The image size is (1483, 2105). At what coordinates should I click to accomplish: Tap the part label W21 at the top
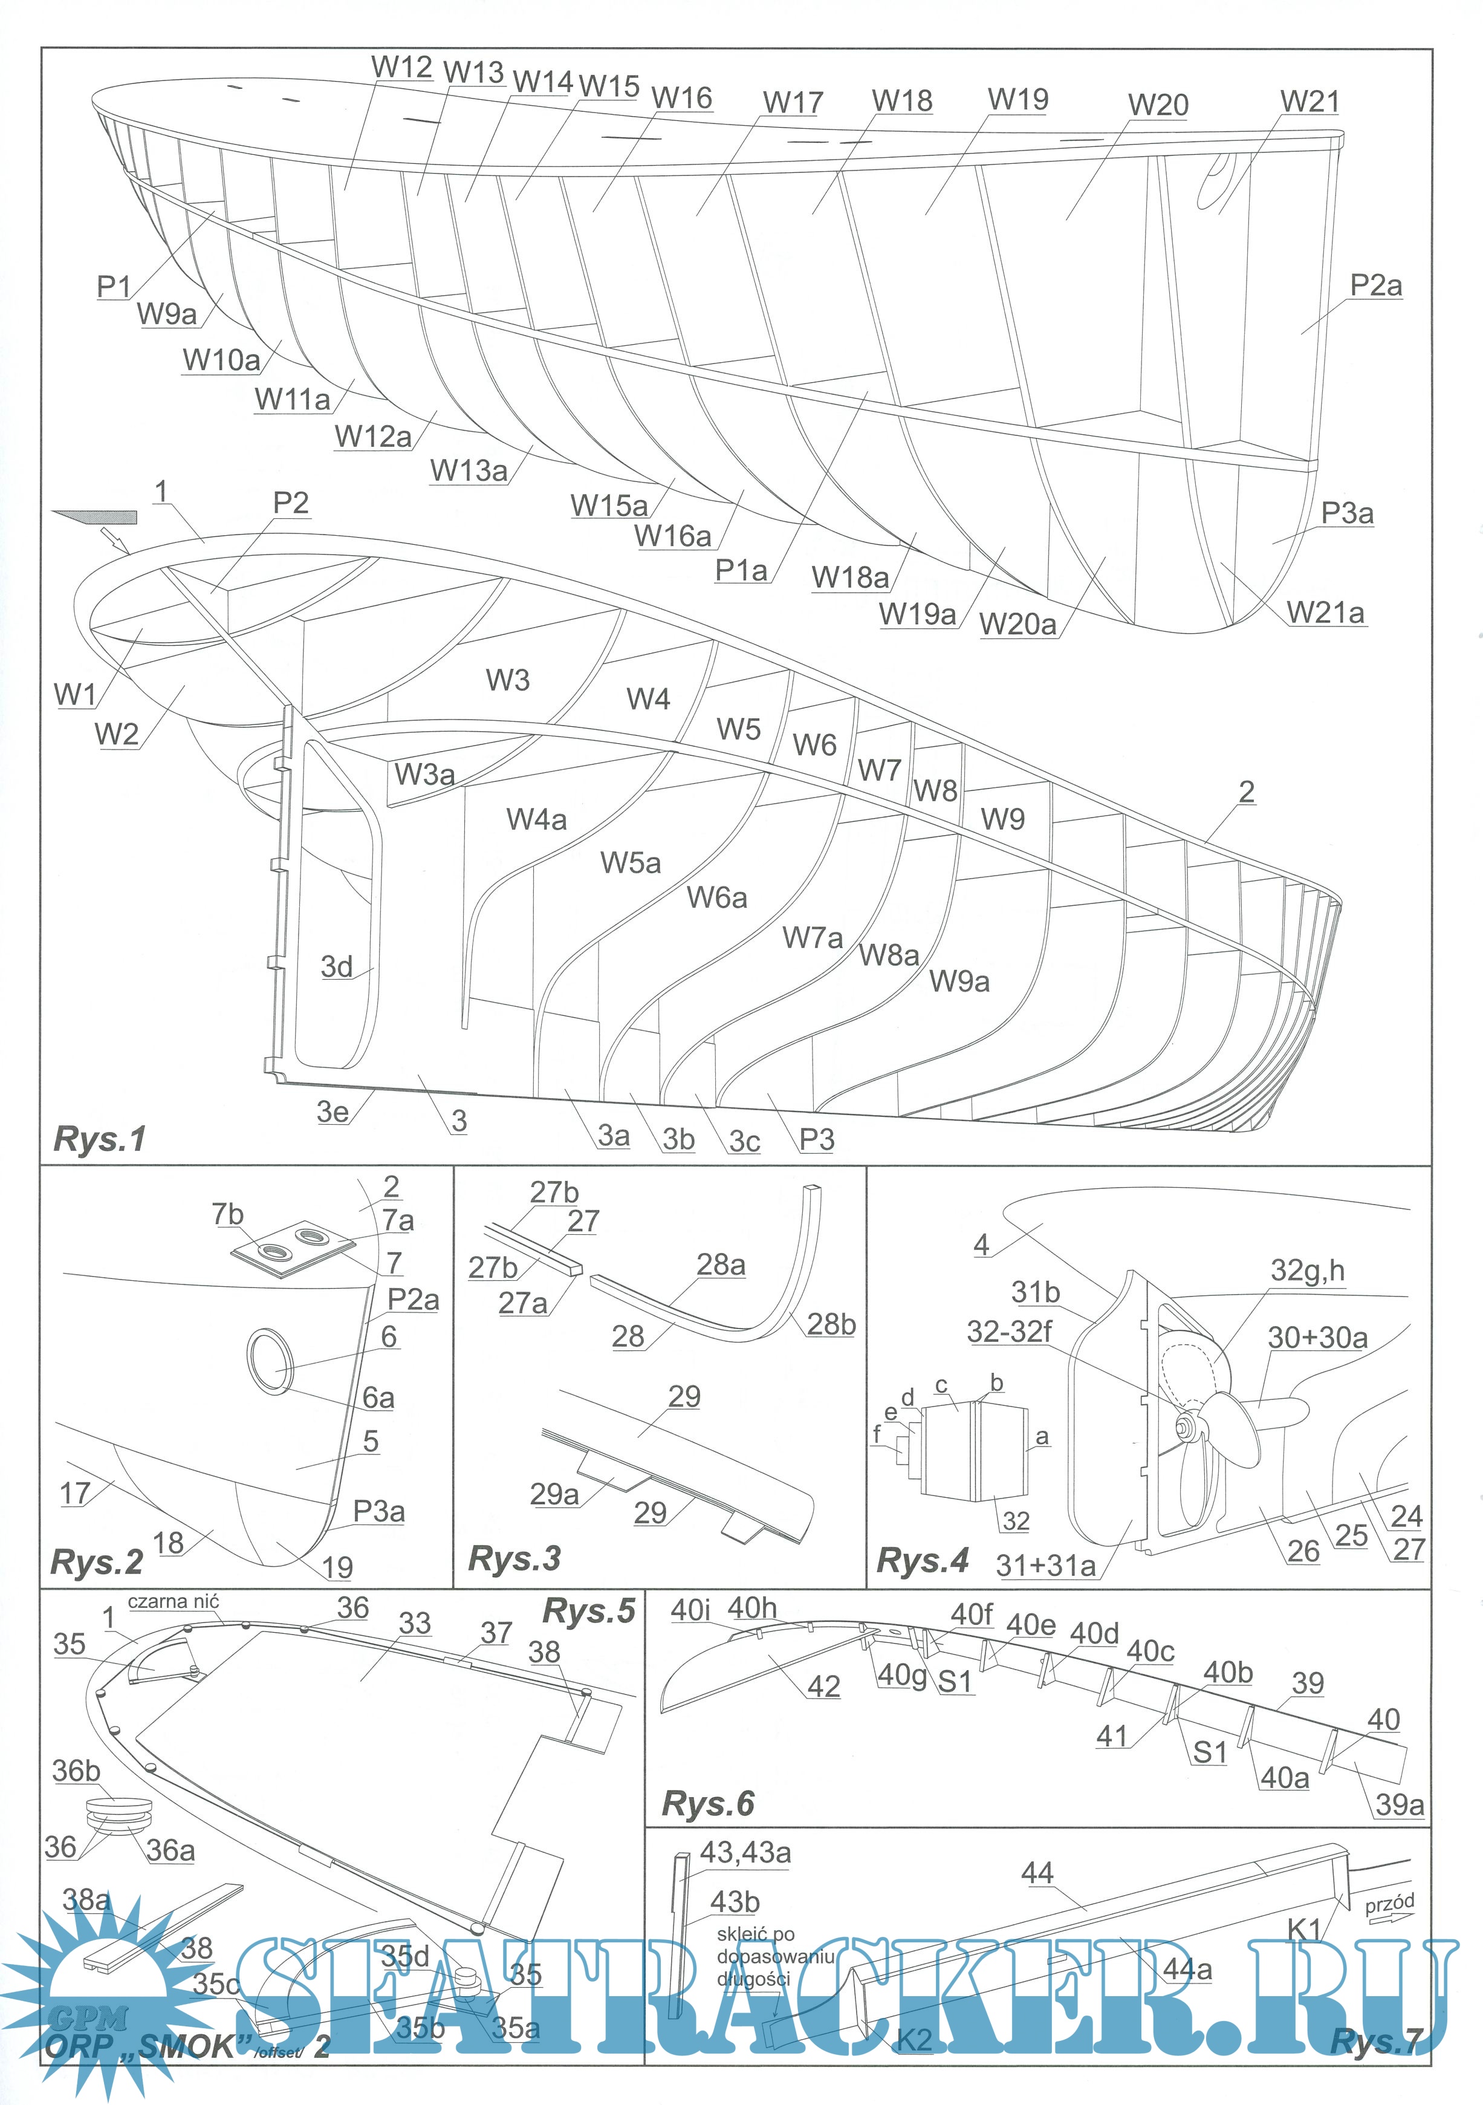click(x=1309, y=101)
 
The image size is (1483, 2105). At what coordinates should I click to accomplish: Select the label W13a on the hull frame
click(x=469, y=470)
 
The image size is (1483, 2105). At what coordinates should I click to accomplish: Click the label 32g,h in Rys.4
click(x=1307, y=1270)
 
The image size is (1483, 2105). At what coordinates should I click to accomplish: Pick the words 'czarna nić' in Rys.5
click(x=174, y=1602)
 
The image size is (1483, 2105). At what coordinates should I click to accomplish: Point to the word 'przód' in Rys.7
click(x=1389, y=1903)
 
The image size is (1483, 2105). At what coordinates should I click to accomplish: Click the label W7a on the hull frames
click(x=812, y=938)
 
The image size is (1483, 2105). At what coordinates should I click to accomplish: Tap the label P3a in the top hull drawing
click(x=1346, y=513)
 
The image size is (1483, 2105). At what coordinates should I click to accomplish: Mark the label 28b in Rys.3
click(x=831, y=1324)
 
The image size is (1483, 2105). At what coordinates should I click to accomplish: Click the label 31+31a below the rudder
click(x=1045, y=1565)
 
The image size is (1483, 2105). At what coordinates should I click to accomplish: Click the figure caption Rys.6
click(x=707, y=1803)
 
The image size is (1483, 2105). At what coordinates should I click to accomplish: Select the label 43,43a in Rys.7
click(x=744, y=1852)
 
